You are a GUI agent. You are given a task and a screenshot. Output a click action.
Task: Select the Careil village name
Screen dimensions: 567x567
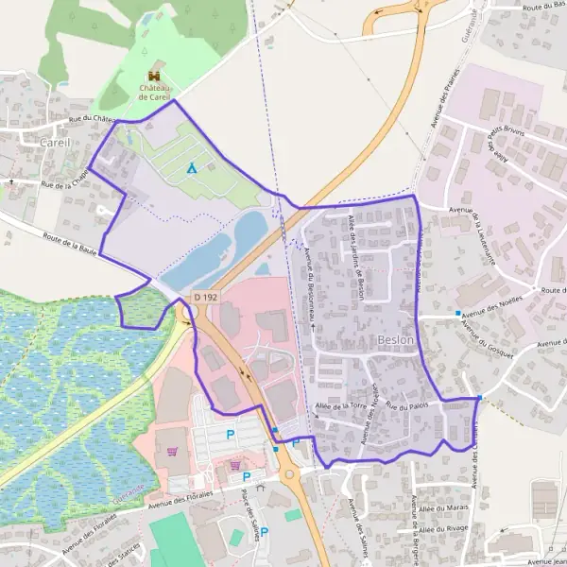pyautogui.click(x=55, y=142)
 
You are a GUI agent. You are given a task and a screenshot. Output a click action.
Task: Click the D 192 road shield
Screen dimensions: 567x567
pyautogui.click(x=204, y=297)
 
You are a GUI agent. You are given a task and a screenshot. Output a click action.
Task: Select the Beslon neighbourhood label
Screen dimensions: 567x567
pyautogui.click(x=395, y=338)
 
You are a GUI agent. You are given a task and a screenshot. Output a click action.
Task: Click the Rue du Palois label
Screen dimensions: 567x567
pyautogui.click(x=407, y=405)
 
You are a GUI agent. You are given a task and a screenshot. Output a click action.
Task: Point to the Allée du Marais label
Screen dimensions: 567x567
pyautogui.click(x=443, y=508)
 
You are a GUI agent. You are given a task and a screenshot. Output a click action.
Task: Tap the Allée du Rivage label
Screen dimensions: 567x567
pyautogui.click(x=445, y=530)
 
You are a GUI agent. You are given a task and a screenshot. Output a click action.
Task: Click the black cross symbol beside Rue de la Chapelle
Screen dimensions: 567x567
pyautogui.click(x=11, y=180)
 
